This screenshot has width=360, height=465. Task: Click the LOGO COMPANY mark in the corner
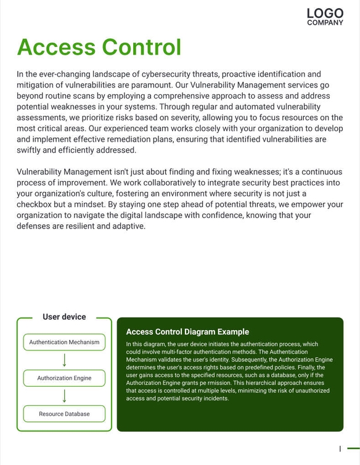pos(325,17)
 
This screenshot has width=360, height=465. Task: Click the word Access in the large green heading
pos(55,47)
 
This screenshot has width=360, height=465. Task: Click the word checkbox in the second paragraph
pos(37,204)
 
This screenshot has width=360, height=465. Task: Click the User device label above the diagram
pos(64,317)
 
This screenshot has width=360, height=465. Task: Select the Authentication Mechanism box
pos(64,342)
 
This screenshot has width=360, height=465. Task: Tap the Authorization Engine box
pos(64,378)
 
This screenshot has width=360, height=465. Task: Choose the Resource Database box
pos(64,414)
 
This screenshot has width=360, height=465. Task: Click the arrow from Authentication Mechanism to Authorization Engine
pos(64,360)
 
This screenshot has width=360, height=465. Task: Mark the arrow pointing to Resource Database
pos(64,396)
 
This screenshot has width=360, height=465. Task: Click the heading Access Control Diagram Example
pos(187,332)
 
